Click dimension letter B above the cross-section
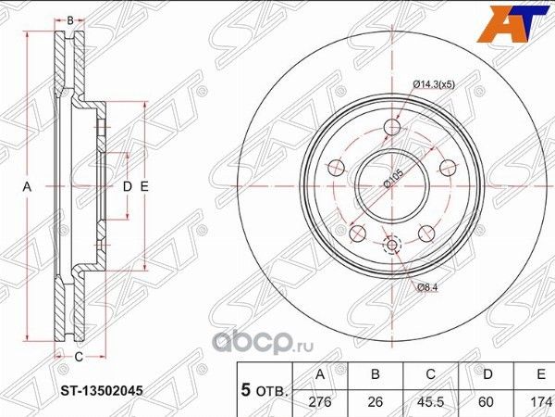[71, 19]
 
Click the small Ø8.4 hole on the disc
[391, 246]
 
